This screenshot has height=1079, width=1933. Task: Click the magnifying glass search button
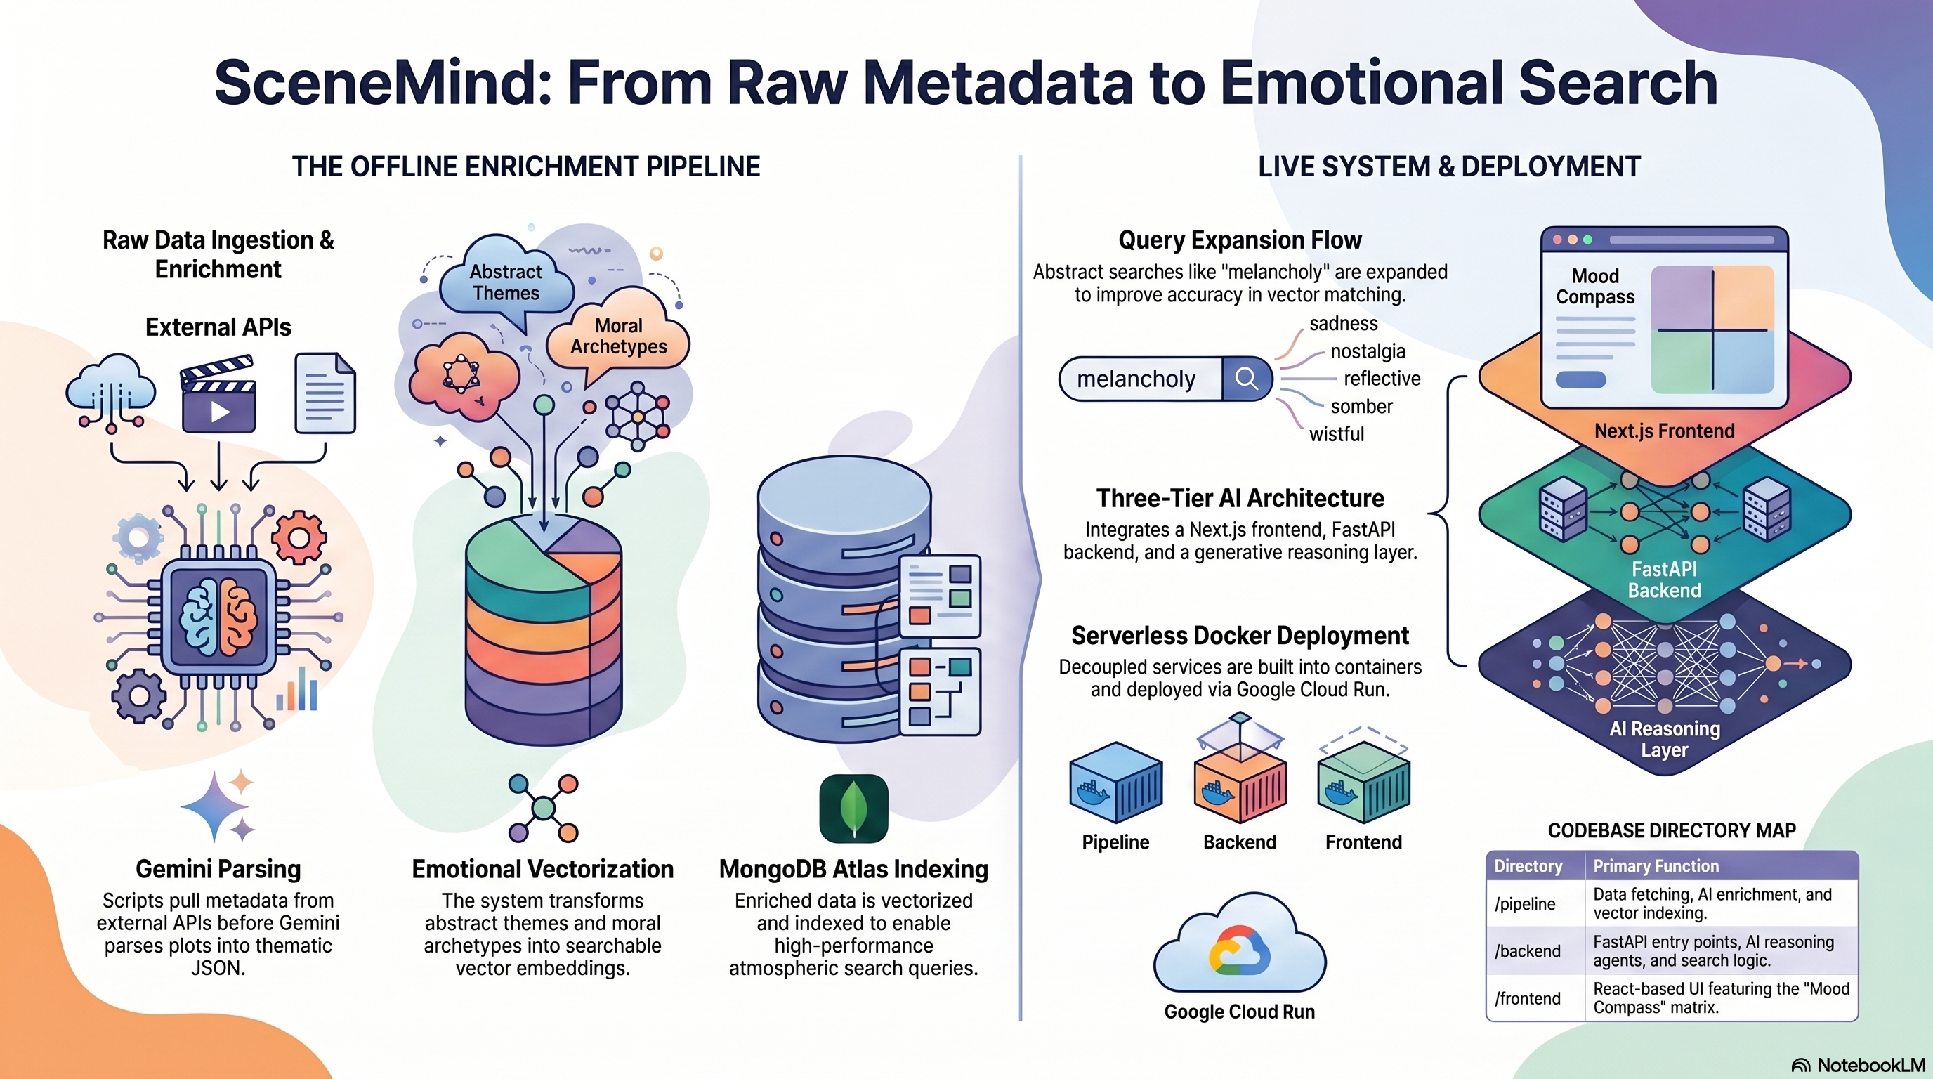pos(1246,378)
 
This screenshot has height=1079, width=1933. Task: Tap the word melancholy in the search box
pos(1136,379)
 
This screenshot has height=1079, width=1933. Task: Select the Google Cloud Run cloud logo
pos(1240,943)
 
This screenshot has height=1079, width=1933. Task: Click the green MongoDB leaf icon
pos(854,809)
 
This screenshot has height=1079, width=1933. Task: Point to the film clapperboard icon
pos(218,395)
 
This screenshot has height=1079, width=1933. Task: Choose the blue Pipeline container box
pos(1116,783)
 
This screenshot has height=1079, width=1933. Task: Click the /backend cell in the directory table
pos(1528,951)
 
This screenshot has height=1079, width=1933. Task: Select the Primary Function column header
pos(1656,866)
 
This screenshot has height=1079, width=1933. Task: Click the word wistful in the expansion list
pos(1337,433)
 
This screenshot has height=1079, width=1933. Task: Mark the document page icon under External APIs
pos(325,393)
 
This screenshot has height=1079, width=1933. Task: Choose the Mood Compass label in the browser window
pos(1595,286)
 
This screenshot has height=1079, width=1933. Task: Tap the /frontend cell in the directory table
pos(1528,998)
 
